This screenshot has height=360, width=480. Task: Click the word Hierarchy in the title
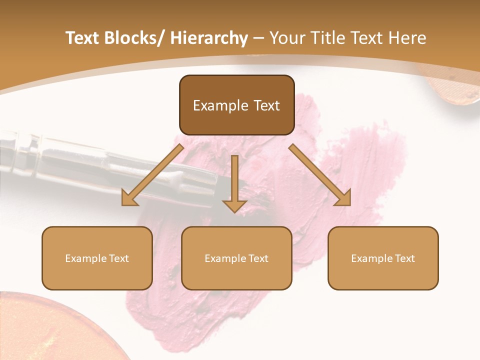[208, 38]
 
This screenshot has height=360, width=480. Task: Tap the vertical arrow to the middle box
[234, 180]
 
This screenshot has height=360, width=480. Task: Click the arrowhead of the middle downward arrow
[234, 206]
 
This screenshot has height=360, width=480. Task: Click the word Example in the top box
[214, 105]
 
